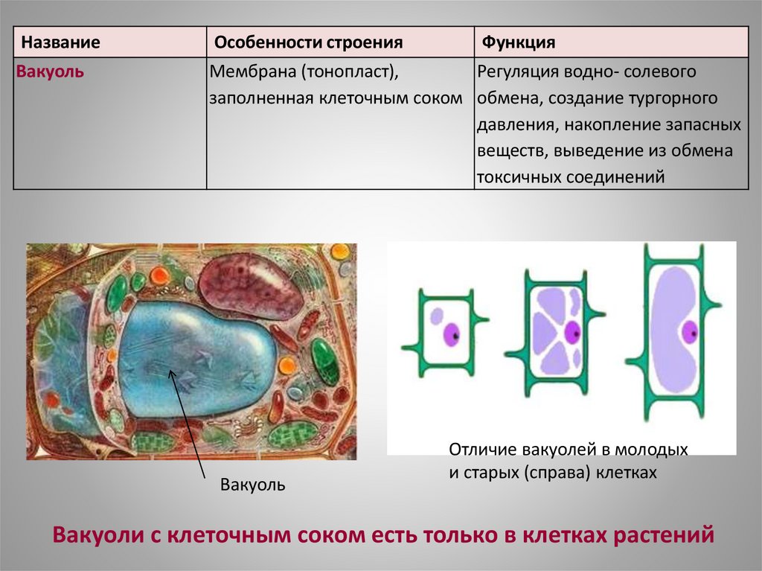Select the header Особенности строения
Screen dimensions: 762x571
click(x=309, y=42)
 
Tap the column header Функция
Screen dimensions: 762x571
click(x=519, y=42)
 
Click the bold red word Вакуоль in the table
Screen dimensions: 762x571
click(x=50, y=73)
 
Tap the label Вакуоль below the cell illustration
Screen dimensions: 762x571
click(x=253, y=485)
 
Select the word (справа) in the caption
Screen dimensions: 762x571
click(x=552, y=473)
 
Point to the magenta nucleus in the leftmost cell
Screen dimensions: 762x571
click(x=450, y=332)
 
